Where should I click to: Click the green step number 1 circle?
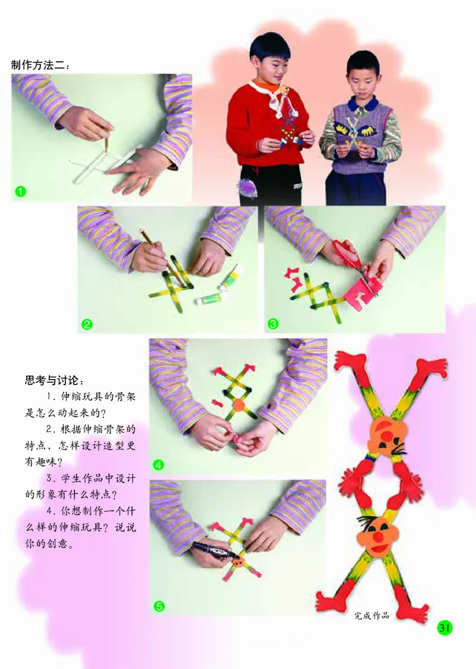21,192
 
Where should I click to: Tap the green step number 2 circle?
87,324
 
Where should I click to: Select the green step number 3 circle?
274,324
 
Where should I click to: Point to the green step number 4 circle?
158,465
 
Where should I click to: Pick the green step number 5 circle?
158,606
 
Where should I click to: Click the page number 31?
444,627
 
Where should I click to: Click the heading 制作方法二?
40,65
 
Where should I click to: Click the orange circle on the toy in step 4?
239,405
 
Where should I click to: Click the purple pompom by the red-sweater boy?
248,188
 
